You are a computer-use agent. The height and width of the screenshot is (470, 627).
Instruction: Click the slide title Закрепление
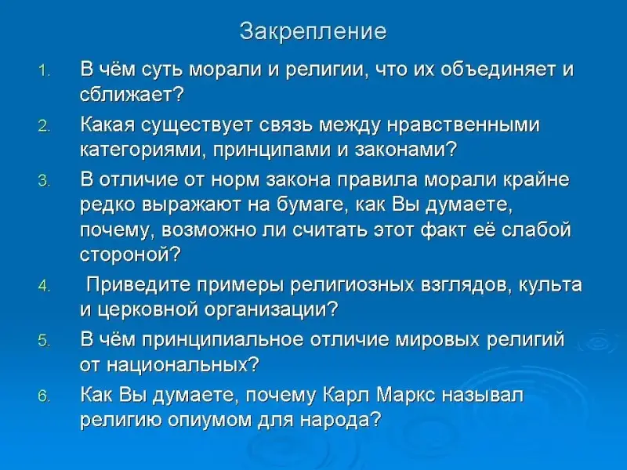[x=313, y=32]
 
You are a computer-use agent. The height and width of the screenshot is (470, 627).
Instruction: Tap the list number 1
[x=44, y=71]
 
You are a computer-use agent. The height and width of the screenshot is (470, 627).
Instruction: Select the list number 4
[x=44, y=287]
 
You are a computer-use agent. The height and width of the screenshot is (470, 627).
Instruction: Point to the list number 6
[x=44, y=396]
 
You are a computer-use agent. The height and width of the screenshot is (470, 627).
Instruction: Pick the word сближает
[x=132, y=95]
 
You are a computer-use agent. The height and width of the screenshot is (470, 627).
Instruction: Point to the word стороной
[x=130, y=255]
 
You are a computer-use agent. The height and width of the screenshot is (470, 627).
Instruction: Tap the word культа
[x=550, y=285]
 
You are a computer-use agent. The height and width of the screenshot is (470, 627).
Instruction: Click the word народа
[x=340, y=421]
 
